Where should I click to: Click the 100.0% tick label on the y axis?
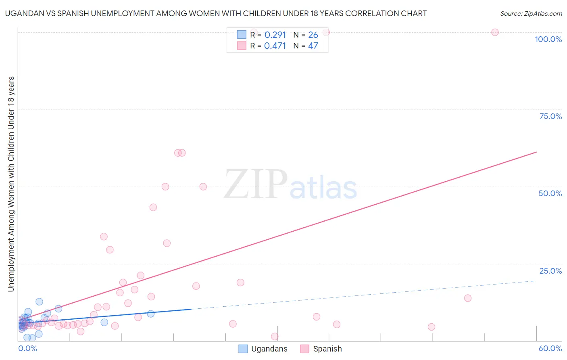pyautogui.click(x=548, y=39)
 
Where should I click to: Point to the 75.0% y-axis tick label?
pyautogui.click(x=550, y=116)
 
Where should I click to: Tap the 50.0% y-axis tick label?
pyautogui.click(x=550, y=193)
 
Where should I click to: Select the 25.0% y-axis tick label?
pyautogui.click(x=550, y=271)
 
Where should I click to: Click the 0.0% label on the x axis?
pyautogui.click(x=27, y=348)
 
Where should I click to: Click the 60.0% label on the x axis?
pyautogui.click(x=550, y=348)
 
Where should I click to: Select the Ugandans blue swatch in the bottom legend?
pyautogui.click(x=243, y=349)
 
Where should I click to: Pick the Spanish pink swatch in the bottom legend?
pyautogui.click(x=304, y=349)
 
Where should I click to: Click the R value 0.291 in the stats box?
pyautogui.click(x=275, y=35)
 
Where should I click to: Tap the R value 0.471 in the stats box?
pyautogui.click(x=275, y=46)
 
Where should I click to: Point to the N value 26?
pyautogui.click(x=313, y=35)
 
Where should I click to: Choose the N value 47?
pyautogui.click(x=313, y=46)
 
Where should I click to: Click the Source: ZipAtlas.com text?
pyautogui.click(x=531, y=14)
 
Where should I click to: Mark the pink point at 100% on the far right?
pyautogui.click(x=495, y=32)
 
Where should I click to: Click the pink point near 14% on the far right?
pyautogui.click(x=467, y=298)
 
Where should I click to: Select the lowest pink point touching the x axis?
pyautogui.click(x=275, y=337)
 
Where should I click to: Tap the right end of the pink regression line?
pyautogui.click(x=536, y=152)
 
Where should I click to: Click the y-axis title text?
pyautogui.click(x=11, y=184)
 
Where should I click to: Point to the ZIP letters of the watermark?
pyautogui.click(x=256, y=185)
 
